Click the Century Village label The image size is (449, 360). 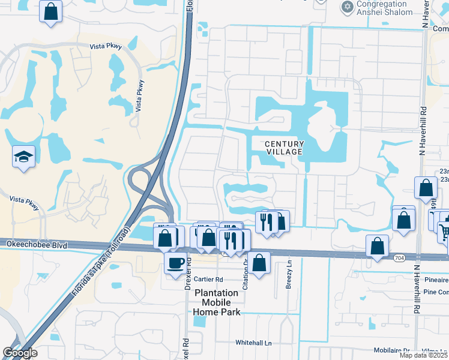coord(285,148)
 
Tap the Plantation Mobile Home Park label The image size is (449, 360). coord(217,302)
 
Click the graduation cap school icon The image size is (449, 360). coord(23,157)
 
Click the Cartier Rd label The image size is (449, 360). coord(208,279)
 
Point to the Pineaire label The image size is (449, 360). coord(435,279)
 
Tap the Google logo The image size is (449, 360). coord(20,353)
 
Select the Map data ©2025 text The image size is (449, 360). coord(423,355)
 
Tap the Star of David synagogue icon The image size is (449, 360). coord(346,7)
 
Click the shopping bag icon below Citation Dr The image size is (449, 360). coord(259,262)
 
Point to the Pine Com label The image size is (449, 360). coord(435,292)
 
